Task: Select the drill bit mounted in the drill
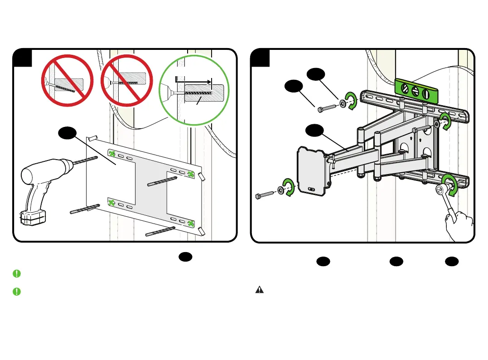click(x=86, y=161)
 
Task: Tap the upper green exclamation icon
click(x=17, y=273)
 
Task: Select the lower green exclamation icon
click(x=17, y=291)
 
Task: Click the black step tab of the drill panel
click(x=22, y=58)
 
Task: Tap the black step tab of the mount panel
click(x=261, y=58)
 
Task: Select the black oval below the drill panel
click(x=186, y=257)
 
